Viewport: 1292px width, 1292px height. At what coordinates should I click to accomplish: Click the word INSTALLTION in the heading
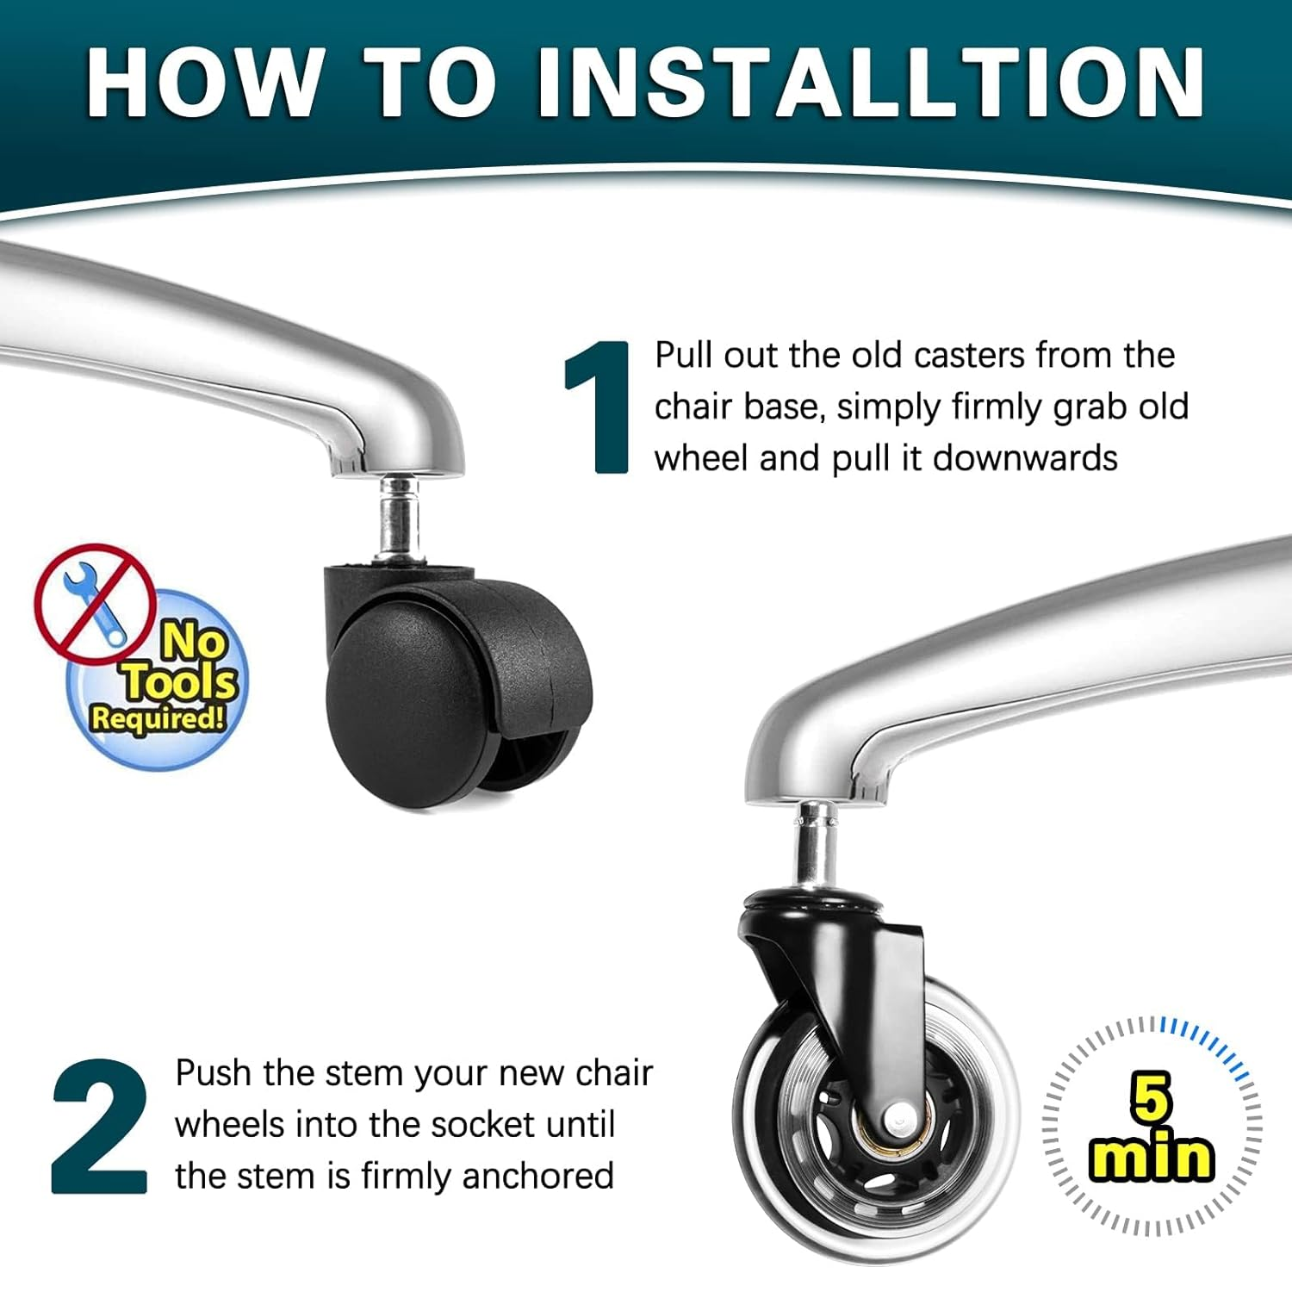[870, 82]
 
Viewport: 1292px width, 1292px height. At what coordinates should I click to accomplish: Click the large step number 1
[598, 407]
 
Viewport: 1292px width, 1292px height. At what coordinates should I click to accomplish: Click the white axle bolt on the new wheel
[900, 1119]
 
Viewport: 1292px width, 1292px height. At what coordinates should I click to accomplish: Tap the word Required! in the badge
[158, 717]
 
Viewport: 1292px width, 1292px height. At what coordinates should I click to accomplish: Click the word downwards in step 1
[1025, 458]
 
